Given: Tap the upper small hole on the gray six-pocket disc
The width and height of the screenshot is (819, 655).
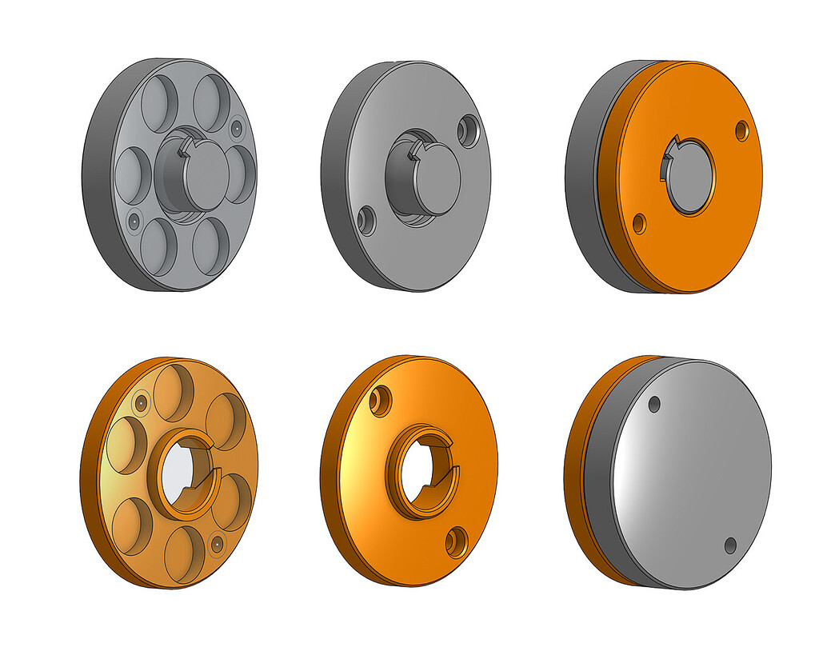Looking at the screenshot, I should click(x=236, y=127).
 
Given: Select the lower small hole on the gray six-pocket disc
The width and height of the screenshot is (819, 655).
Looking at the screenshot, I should click(x=133, y=218).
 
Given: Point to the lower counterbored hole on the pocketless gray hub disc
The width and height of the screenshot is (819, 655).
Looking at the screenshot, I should click(x=366, y=219).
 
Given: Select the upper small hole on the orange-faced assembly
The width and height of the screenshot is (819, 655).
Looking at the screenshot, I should click(x=742, y=130).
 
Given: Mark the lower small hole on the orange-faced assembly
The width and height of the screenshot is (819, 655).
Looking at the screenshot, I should click(x=639, y=222).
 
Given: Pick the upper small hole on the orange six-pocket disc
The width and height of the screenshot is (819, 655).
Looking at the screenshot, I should click(x=140, y=402).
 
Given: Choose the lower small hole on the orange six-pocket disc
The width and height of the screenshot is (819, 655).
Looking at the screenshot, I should click(x=215, y=544).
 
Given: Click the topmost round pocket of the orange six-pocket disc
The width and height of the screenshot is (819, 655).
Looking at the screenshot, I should click(x=174, y=392).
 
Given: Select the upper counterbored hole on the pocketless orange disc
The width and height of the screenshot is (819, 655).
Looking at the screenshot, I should click(x=381, y=399).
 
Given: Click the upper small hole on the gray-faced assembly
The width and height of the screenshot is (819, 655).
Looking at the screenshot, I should click(x=653, y=404).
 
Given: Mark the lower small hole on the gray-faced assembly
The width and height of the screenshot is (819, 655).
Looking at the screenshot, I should click(x=729, y=545).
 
